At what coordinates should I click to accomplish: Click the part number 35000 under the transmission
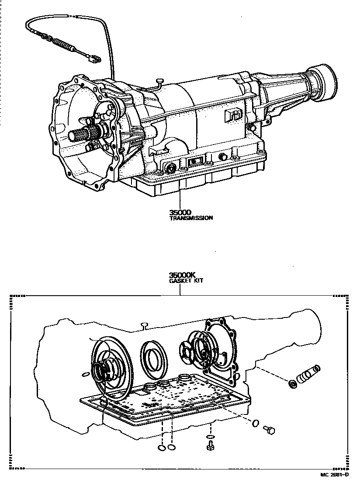pyautogui.click(x=180, y=212)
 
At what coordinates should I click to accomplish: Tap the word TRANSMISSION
pyautogui.click(x=191, y=218)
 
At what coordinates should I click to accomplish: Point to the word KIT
pyautogui.click(x=197, y=281)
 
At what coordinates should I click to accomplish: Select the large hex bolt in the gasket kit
pyautogui.click(x=270, y=431)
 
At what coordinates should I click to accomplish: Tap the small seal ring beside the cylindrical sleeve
pyautogui.click(x=291, y=384)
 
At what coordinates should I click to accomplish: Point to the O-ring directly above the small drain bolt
pyautogui.click(x=210, y=437)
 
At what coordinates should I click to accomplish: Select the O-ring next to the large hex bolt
pyautogui.click(x=256, y=422)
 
